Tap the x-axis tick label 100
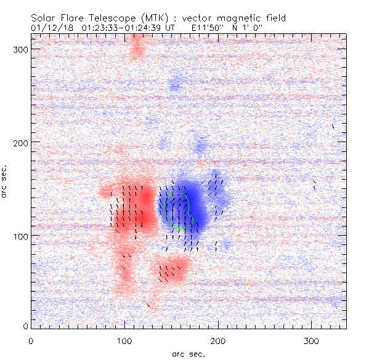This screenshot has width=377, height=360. (124, 340)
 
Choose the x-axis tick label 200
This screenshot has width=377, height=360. (218, 340)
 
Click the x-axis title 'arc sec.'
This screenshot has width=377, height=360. (188, 354)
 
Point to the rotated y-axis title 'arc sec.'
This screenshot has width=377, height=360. (5, 182)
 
